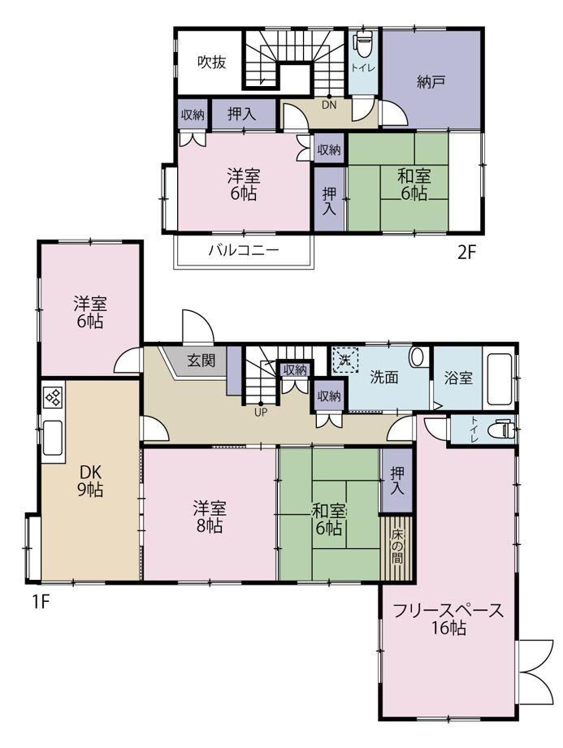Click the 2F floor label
(466, 252)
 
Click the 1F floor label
(41, 601)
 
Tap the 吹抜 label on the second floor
(212, 62)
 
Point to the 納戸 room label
(431, 82)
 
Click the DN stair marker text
(329, 105)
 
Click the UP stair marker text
(261, 412)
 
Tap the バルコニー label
(244, 250)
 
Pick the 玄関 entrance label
(201, 360)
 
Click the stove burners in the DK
(53, 397)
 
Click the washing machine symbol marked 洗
(345, 360)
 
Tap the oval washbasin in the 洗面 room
(418, 357)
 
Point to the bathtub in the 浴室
(499, 378)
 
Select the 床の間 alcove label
(397, 547)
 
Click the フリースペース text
(448, 610)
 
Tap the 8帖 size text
(210, 525)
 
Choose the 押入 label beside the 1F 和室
(397, 480)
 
